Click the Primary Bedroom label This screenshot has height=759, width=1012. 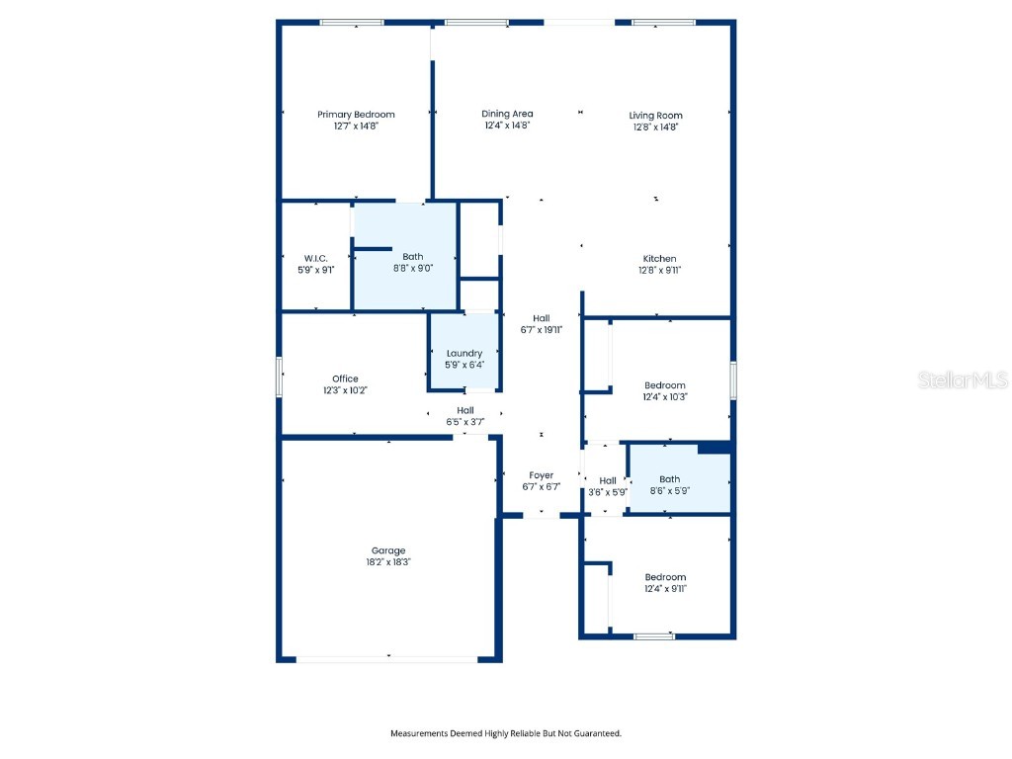(356, 115)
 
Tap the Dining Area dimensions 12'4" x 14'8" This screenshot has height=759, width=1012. (507, 126)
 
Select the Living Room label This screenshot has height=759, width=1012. (655, 116)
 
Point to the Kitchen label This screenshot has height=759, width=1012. (659, 259)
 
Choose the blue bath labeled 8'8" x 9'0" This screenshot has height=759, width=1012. (412, 262)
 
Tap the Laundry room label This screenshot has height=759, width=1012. (464, 353)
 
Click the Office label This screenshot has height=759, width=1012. (345, 379)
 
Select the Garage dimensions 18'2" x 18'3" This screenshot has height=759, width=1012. (388, 561)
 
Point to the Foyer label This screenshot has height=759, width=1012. (541, 475)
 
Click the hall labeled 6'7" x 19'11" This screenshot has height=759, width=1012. (541, 324)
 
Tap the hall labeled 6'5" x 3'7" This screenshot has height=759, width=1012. (464, 416)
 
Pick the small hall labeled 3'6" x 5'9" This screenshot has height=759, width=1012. (607, 485)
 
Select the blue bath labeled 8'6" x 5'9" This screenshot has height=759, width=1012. (669, 484)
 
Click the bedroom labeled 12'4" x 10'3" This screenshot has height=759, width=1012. (664, 390)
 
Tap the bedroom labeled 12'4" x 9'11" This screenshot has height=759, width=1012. (664, 582)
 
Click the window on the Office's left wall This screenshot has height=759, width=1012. (281, 378)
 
